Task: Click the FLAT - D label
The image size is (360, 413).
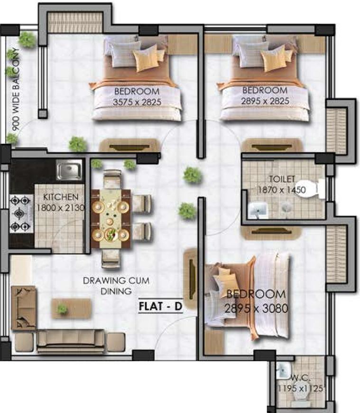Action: pos(160,306)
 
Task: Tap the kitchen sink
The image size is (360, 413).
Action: pos(69,169)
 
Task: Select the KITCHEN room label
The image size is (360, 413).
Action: pos(60,197)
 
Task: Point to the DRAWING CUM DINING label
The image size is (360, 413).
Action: pos(116,286)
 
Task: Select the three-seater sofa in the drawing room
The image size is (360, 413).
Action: pos(71,340)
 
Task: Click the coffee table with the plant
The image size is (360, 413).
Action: pos(71,309)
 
